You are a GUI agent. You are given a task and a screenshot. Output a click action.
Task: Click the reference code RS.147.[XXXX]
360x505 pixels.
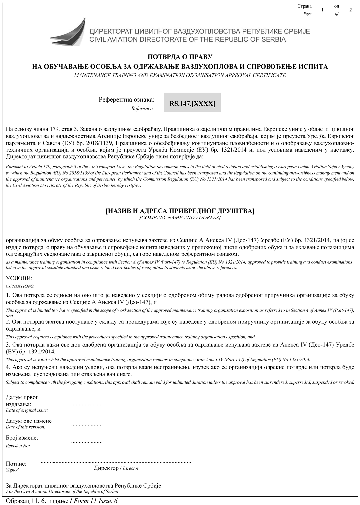click(x=192, y=104)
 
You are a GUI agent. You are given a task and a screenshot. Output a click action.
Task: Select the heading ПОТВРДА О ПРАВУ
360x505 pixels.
click(x=180, y=57)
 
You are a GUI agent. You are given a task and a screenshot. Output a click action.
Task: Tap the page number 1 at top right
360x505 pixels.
click(x=322, y=10)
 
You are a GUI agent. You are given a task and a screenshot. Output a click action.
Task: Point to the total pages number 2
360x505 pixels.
click(x=350, y=10)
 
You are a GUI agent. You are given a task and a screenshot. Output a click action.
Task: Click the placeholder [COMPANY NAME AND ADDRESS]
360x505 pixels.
click(x=180, y=218)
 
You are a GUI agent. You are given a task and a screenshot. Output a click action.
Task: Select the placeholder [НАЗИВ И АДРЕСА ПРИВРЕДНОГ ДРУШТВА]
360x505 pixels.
click(x=180, y=211)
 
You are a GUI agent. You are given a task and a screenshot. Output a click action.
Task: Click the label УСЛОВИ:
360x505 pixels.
click(x=19, y=279)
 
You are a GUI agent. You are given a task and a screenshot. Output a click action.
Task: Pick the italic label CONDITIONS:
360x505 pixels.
click(x=20, y=286)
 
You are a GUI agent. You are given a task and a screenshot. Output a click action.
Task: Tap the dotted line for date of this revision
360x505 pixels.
click(x=87, y=425)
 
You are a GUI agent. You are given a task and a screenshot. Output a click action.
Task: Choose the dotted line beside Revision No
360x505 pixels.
click(x=87, y=442)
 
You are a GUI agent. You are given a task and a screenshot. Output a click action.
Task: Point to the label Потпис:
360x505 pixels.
click(x=16, y=464)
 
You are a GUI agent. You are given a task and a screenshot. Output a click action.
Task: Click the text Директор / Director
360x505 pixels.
click(x=116, y=468)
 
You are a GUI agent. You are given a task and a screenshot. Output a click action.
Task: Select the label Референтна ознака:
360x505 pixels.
click(x=126, y=99)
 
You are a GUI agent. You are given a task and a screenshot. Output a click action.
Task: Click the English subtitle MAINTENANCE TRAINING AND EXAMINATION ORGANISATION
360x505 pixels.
click(x=180, y=75)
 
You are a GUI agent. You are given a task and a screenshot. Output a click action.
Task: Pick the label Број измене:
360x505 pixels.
click(x=22, y=438)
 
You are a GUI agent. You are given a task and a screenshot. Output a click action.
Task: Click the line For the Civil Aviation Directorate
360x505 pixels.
click(x=62, y=491)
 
